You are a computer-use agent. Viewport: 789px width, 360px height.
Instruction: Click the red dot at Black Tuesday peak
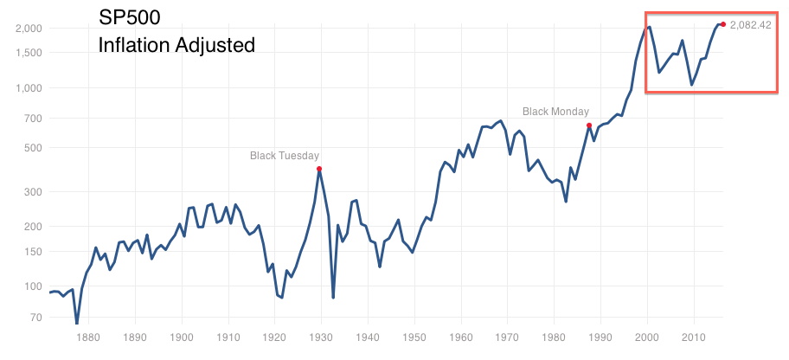(319, 169)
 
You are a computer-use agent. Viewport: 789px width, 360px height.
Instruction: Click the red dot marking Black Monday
(589, 125)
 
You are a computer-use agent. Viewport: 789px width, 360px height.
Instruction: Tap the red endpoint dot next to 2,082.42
(723, 23)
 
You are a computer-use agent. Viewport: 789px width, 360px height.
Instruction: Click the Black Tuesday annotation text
(285, 156)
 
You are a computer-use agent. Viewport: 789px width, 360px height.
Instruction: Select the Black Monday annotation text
(555, 112)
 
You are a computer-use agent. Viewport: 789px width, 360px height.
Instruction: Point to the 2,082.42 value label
(750, 25)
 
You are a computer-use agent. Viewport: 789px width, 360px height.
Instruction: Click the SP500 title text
(130, 17)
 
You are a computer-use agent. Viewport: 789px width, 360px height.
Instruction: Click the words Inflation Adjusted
(176, 44)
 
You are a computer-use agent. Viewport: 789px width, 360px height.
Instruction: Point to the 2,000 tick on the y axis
(29, 28)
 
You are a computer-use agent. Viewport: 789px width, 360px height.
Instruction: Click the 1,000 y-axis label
(29, 87)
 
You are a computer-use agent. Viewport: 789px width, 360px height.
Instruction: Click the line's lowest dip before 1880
(76, 323)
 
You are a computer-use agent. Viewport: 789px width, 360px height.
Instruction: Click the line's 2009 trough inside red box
(691, 85)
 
